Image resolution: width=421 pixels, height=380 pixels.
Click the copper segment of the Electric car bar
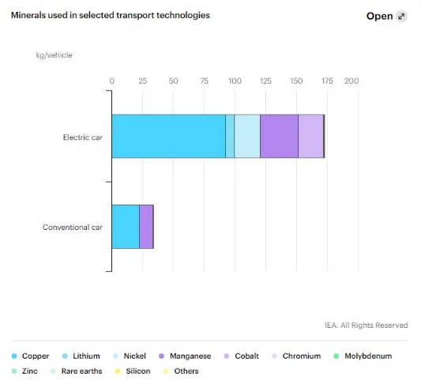(x=168, y=136)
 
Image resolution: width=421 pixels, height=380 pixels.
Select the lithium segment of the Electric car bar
(x=230, y=136)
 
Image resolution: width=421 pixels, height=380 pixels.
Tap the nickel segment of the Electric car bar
(x=247, y=136)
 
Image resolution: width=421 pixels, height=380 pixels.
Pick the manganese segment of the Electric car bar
(x=279, y=136)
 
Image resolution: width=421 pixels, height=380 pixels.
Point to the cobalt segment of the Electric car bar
(x=310, y=136)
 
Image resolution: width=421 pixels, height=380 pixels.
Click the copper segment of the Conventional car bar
(x=126, y=227)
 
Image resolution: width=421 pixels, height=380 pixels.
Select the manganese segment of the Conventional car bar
(x=146, y=227)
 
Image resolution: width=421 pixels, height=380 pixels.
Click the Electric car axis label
(x=83, y=137)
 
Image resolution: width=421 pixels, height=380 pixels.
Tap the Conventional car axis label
(x=73, y=228)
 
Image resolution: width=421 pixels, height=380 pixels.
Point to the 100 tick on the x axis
(x=235, y=81)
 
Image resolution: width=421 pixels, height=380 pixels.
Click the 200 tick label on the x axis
(x=351, y=81)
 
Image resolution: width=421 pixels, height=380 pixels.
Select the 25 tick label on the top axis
(x=142, y=81)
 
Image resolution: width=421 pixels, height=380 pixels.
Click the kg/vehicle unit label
(x=54, y=55)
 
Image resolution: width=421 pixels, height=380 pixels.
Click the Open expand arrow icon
(x=401, y=17)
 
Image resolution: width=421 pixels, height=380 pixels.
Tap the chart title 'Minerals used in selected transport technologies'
(x=111, y=15)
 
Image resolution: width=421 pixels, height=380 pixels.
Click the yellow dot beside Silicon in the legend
(x=118, y=371)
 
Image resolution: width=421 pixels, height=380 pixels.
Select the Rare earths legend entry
(x=77, y=371)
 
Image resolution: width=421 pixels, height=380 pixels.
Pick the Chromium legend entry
(x=296, y=356)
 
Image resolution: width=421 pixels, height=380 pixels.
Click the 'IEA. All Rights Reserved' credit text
(x=366, y=325)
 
